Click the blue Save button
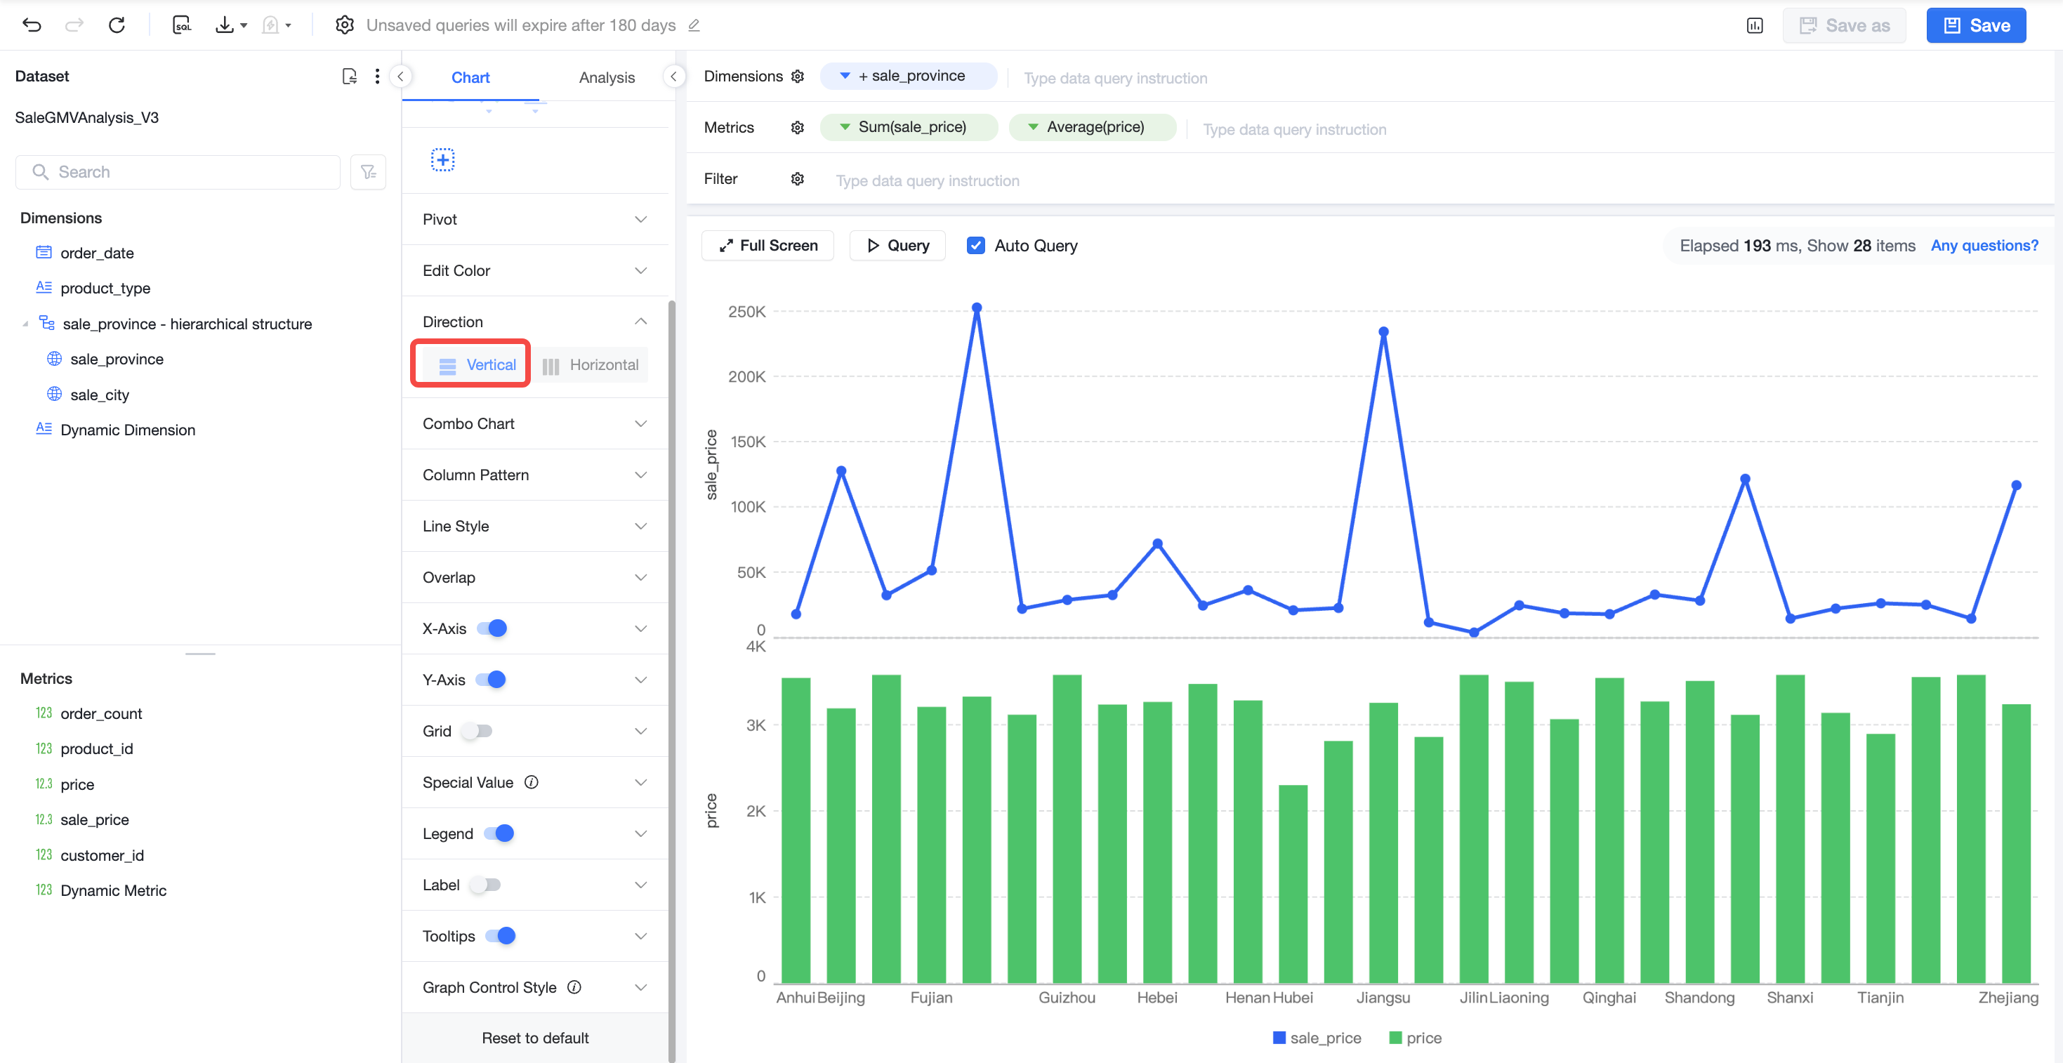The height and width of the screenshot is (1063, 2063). point(1976,26)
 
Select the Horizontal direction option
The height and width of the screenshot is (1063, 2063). point(591,365)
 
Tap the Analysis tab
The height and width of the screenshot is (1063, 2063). point(606,78)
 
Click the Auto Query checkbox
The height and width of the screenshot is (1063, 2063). point(975,246)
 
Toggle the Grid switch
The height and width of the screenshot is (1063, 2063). point(478,731)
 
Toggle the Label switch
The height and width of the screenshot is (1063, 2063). point(485,885)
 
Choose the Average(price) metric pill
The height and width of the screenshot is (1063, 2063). point(1093,127)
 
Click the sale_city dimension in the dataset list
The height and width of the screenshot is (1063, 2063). point(99,395)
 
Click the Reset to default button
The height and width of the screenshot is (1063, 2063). point(535,1037)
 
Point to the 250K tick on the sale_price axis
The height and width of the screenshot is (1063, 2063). point(746,312)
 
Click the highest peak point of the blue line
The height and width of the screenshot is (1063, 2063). point(977,308)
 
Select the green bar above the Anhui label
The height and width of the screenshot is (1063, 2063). point(796,830)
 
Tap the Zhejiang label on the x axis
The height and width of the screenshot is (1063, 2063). point(2008,997)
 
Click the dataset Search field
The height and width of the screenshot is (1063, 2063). point(178,172)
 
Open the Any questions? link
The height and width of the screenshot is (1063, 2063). point(1984,246)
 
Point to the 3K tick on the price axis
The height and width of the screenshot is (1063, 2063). point(756,726)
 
